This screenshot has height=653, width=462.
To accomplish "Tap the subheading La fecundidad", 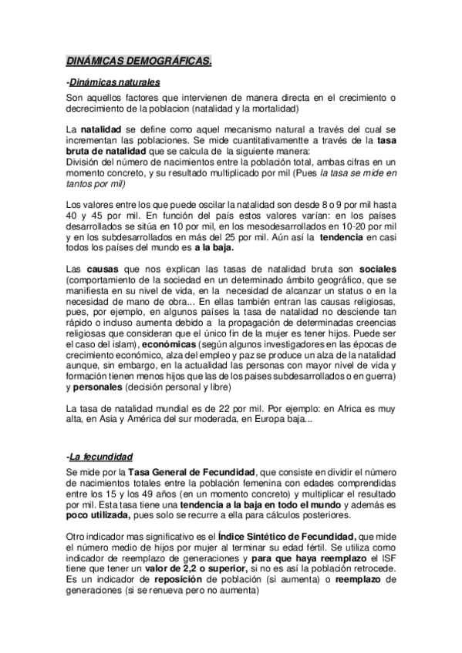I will pyautogui.click(x=101, y=456).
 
